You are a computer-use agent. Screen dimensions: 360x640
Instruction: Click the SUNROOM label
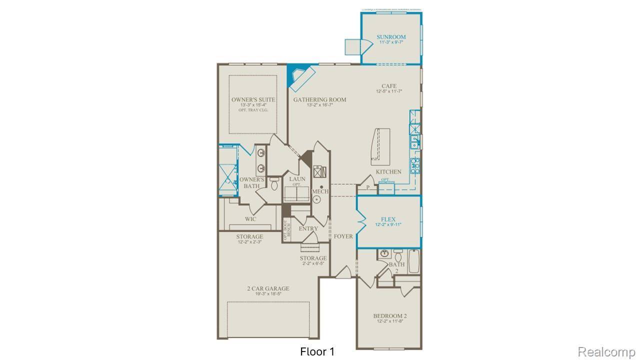(391, 37)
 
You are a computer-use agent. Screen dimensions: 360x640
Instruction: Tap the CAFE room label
(389, 86)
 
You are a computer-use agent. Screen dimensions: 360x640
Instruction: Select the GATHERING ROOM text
(319, 99)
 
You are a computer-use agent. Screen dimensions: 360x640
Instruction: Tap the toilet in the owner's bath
(273, 184)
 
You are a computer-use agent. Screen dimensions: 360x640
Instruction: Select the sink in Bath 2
(384, 253)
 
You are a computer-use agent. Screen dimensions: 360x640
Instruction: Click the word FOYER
(343, 236)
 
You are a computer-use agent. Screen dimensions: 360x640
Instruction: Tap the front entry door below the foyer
(344, 273)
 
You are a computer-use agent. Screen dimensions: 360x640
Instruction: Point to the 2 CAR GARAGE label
(268, 288)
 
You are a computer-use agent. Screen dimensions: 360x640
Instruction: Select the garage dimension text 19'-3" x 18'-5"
(268, 294)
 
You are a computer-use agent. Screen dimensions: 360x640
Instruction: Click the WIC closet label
(250, 219)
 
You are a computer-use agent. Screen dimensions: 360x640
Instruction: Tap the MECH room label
(320, 191)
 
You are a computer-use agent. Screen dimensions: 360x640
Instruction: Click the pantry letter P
(367, 187)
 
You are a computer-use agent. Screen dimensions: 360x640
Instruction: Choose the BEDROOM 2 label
(390, 316)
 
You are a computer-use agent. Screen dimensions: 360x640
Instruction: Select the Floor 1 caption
(317, 352)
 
